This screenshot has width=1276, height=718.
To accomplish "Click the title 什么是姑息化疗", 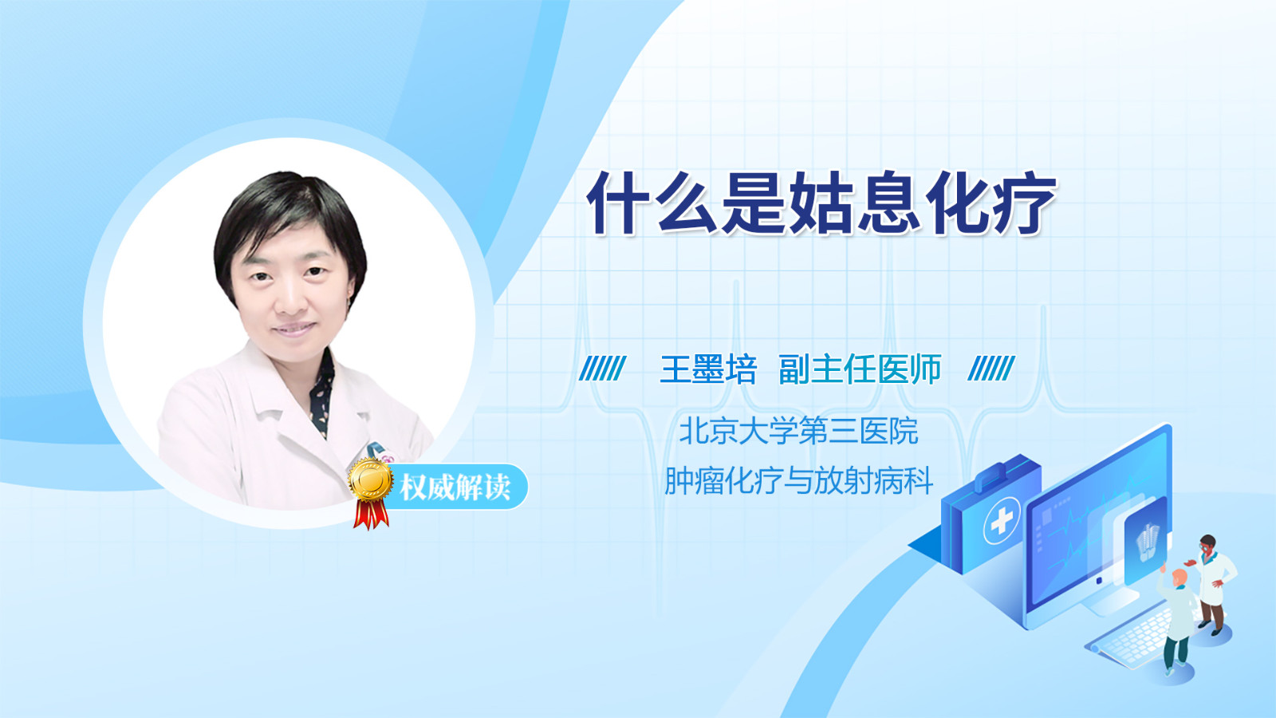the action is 822,203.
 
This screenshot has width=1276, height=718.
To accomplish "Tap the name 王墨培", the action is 708,369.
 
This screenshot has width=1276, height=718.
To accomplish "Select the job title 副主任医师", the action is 860,369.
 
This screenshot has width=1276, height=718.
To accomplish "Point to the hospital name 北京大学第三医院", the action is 798,431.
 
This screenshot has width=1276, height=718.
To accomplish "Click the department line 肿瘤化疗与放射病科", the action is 798,480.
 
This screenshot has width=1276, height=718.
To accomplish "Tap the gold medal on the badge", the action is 371,480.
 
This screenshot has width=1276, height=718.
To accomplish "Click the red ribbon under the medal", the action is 371,515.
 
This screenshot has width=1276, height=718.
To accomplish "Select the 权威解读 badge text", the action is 455,487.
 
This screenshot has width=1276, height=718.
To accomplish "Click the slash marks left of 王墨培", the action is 602,369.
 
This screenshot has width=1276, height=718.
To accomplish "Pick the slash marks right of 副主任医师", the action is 991,369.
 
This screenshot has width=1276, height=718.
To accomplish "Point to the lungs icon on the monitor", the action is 1146,543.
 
